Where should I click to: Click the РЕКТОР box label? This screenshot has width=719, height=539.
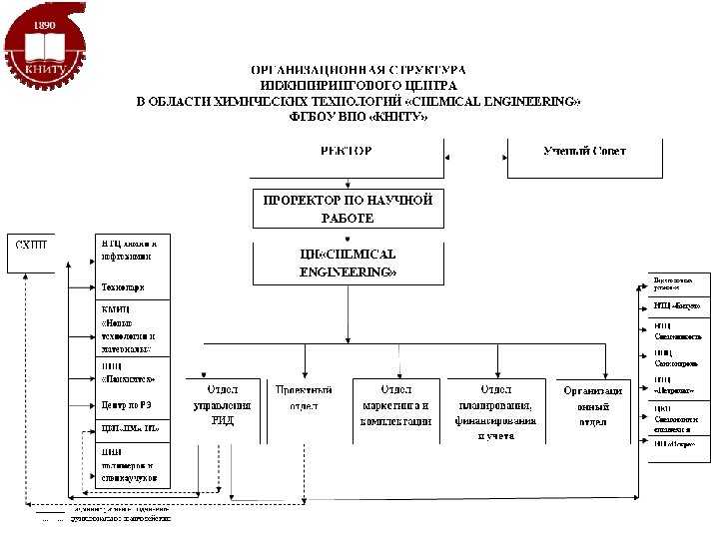tap(346, 152)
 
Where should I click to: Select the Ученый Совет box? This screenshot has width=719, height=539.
tap(585, 152)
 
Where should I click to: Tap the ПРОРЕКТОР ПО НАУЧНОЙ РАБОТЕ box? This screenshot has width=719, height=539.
tap(347, 209)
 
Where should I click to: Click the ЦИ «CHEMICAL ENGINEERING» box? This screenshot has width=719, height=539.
tap(347, 263)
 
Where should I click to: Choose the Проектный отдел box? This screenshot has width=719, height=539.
tap(304, 397)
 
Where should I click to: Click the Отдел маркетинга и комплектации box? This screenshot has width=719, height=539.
tap(395, 404)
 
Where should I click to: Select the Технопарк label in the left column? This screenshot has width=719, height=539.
tap(123, 288)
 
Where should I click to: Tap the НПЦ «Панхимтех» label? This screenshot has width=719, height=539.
tap(129, 372)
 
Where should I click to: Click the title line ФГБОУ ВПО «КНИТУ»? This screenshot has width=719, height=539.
tap(358, 117)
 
